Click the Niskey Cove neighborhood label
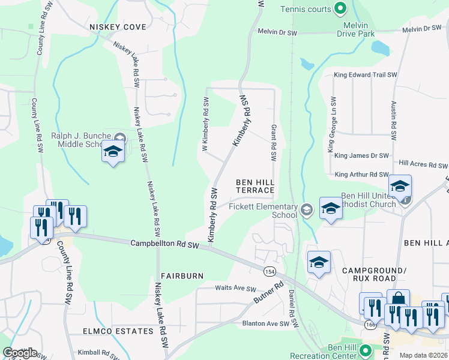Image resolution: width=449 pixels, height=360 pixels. click(x=118, y=27)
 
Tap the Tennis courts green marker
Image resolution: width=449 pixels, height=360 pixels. click(x=340, y=8)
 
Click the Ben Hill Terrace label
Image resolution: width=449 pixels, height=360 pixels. click(x=255, y=186)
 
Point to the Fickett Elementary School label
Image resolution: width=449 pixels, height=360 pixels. click(x=263, y=211)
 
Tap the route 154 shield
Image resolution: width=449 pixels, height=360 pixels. click(x=270, y=272)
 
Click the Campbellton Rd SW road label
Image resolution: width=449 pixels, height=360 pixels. click(x=164, y=244)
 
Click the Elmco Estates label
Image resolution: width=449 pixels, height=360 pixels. click(x=118, y=331)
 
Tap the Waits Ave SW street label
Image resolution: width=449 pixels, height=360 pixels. click(x=236, y=289)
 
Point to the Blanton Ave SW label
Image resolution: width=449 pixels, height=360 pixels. click(x=266, y=323)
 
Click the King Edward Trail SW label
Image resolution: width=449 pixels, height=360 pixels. click(x=366, y=75)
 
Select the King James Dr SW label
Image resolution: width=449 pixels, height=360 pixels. click(x=362, y=155)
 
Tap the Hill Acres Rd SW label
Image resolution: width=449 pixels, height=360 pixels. click(x=423, y=164)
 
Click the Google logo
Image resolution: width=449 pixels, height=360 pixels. click(x=20, y=353)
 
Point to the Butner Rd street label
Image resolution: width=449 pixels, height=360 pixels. click(x=271, y=293)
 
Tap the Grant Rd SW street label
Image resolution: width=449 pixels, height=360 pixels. click(x=273, y=143)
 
